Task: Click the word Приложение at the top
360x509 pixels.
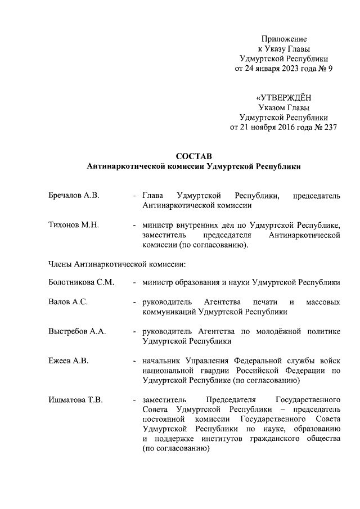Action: click(284, 39)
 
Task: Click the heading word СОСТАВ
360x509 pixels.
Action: click(194, 156)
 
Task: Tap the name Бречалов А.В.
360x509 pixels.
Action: click(74, 196)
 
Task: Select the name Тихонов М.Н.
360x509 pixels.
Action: click(74, 226)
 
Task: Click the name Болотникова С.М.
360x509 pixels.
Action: click(82, 282)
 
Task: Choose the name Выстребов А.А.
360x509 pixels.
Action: click(77, 331)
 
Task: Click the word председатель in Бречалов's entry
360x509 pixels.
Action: click(317, 196)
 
